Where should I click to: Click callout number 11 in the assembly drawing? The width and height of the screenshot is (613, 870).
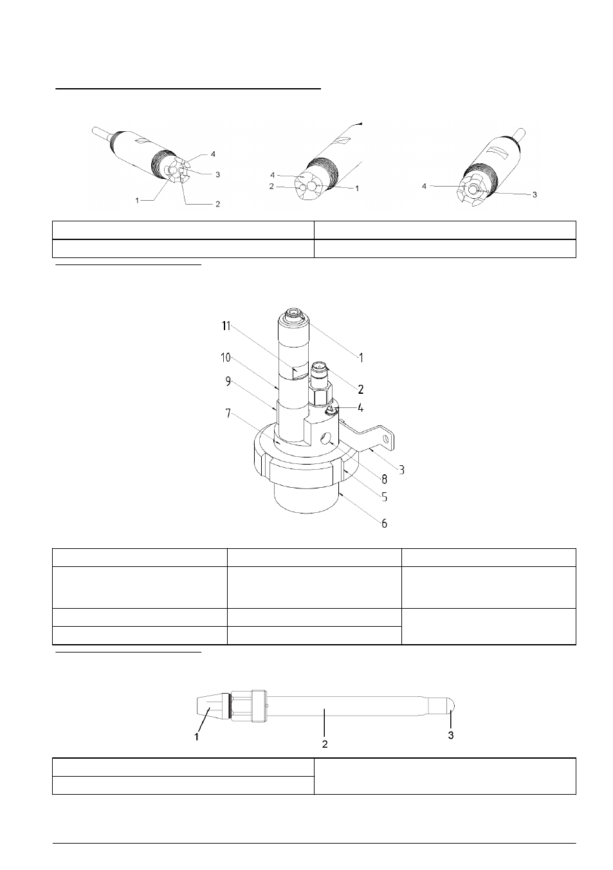point(226,326)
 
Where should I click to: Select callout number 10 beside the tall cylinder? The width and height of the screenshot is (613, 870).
point(226,357)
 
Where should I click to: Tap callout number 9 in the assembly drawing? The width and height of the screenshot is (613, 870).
point(228,382)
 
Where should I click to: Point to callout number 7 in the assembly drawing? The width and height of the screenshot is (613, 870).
point(228,414)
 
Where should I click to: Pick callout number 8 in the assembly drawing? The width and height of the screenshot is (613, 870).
point(384,479)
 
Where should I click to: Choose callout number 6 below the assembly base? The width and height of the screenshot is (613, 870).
point(384,524)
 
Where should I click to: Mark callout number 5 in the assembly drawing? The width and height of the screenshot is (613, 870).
point(384,497)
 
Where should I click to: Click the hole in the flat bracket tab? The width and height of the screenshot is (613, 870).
point(385,440)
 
